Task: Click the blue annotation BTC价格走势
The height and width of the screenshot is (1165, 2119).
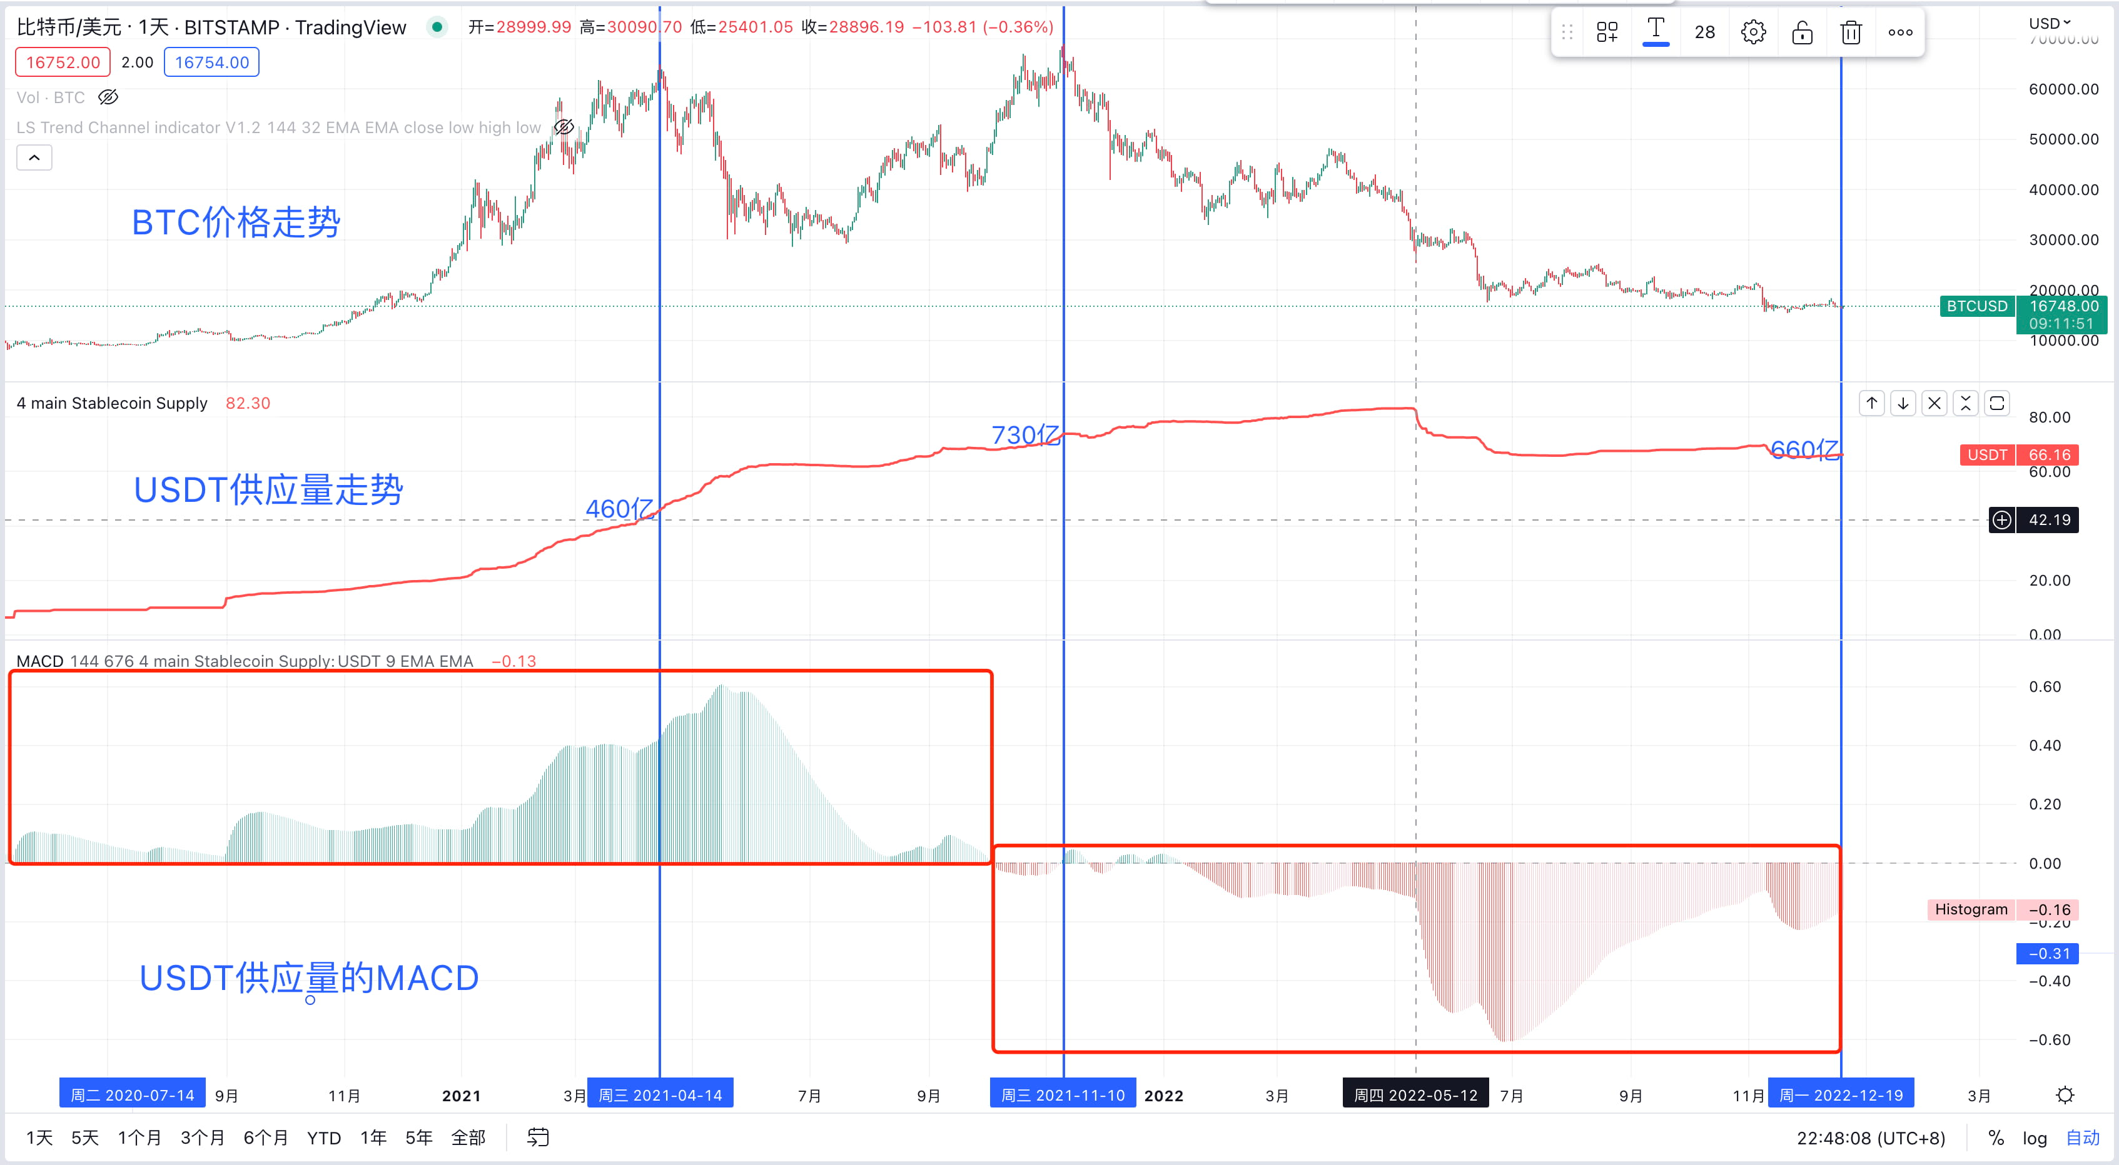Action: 236,222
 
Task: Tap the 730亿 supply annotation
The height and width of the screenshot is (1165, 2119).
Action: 1025,434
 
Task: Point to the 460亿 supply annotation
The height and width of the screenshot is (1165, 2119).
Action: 619,508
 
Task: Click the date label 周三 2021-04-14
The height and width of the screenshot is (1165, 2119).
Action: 660,1094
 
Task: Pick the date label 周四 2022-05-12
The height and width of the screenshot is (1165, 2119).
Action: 1415,1094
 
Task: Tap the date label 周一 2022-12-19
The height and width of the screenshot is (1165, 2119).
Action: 1841,1094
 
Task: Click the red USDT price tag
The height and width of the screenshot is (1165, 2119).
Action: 2019,454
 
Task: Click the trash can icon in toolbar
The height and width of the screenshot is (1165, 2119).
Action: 1851,33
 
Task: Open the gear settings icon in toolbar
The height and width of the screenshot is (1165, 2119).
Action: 1753,33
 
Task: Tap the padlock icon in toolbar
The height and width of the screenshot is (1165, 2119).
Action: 1803,33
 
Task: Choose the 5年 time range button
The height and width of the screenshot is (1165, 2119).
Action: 418,1138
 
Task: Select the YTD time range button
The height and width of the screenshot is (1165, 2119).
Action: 324,1138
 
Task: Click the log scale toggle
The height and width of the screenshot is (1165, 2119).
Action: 2035,1138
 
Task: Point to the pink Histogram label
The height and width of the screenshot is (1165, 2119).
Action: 1971,909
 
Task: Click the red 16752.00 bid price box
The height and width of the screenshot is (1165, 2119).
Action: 63,62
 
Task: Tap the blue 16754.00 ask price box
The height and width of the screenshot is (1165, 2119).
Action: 211,62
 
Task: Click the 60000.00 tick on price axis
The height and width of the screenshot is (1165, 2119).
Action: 2063,89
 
